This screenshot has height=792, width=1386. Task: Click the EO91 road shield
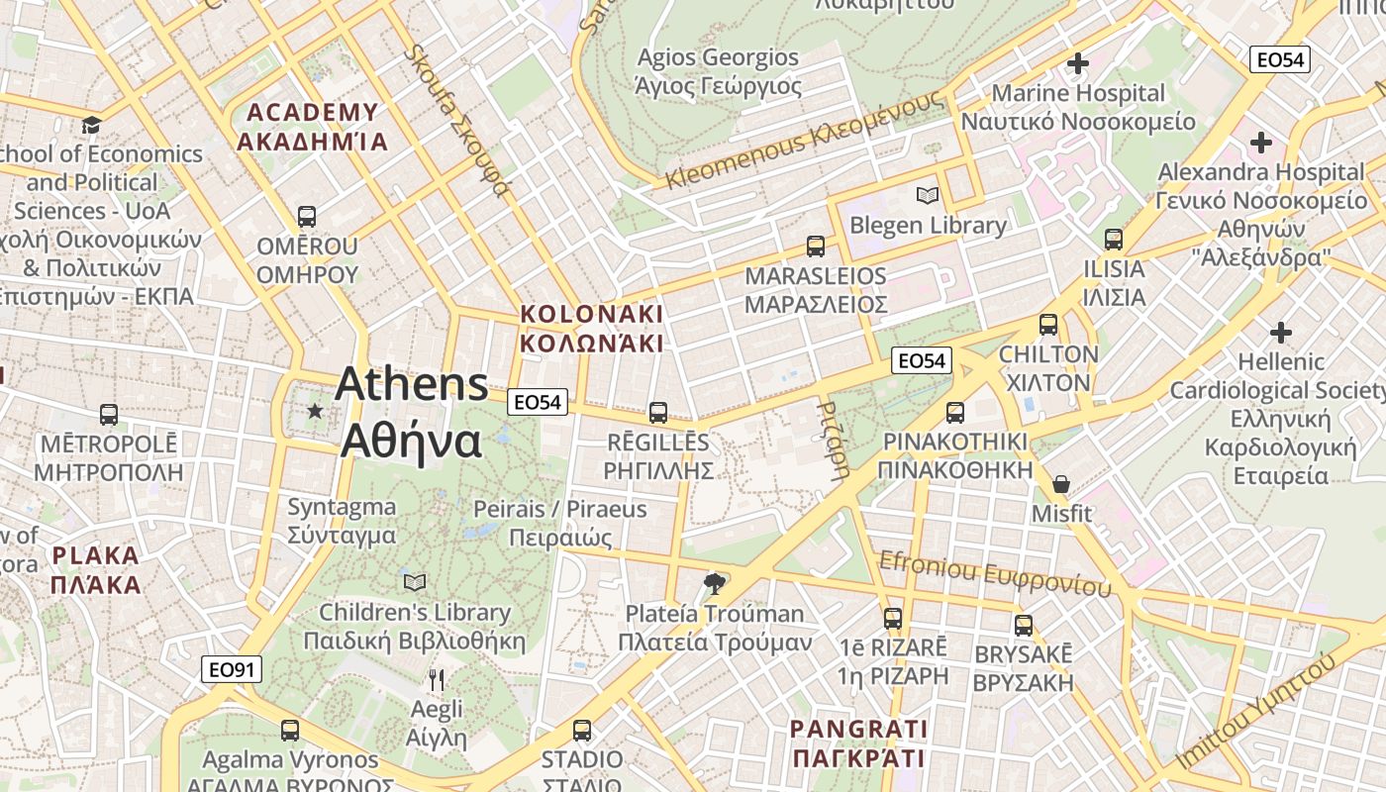pos(233,669)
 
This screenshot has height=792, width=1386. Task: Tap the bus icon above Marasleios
pos(816,247)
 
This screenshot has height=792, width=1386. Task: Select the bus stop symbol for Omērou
pos(307,217)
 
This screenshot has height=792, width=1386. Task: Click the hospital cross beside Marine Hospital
pos(1078,64)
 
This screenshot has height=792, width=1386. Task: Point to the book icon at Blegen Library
pos(928,195)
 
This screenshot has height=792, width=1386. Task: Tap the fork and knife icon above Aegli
pos(437,680)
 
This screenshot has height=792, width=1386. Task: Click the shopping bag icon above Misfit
pos(1061,484)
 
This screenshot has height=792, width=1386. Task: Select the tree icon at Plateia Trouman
pos(714,584)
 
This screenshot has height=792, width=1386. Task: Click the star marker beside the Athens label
pos(315,410)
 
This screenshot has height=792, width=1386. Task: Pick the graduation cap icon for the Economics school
pos(92,125)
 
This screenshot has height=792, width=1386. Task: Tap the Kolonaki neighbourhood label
pos(592,329)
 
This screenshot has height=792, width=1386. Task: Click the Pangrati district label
pos(858,744)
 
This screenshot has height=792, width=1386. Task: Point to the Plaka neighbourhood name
pos(96,569)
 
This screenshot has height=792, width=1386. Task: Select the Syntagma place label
pos(342,521)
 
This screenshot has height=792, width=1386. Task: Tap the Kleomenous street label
pos(805,141)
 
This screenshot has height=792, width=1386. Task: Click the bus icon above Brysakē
pos(1024,626)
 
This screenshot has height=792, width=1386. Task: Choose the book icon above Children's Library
pos(415,582)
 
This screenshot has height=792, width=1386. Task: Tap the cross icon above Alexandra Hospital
pos(1260,143)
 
